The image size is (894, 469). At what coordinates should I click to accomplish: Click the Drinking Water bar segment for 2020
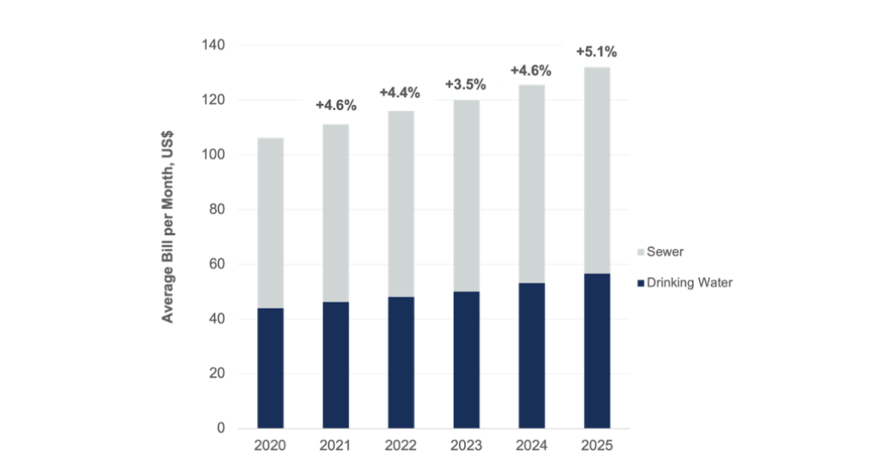271,368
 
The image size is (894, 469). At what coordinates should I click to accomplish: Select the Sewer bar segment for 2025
597,171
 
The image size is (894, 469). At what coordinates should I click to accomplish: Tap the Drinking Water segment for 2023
467,359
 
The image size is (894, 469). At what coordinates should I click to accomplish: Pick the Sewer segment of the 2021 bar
335,213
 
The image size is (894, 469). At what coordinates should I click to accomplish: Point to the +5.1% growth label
597,52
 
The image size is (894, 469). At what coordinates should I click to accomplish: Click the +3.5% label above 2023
467,84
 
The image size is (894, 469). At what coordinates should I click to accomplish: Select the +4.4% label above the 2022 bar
400,92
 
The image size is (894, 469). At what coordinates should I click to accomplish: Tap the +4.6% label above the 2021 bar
335,106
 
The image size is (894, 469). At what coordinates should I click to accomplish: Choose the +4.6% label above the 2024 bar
531,71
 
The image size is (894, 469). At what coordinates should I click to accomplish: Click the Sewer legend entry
665,252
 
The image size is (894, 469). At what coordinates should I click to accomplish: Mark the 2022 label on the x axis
400,446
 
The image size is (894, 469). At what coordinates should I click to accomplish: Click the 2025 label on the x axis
597,446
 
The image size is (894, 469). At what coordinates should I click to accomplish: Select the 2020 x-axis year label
271,446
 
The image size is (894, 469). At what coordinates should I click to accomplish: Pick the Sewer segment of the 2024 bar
531,183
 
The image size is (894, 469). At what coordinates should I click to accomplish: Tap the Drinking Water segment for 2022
400,362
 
